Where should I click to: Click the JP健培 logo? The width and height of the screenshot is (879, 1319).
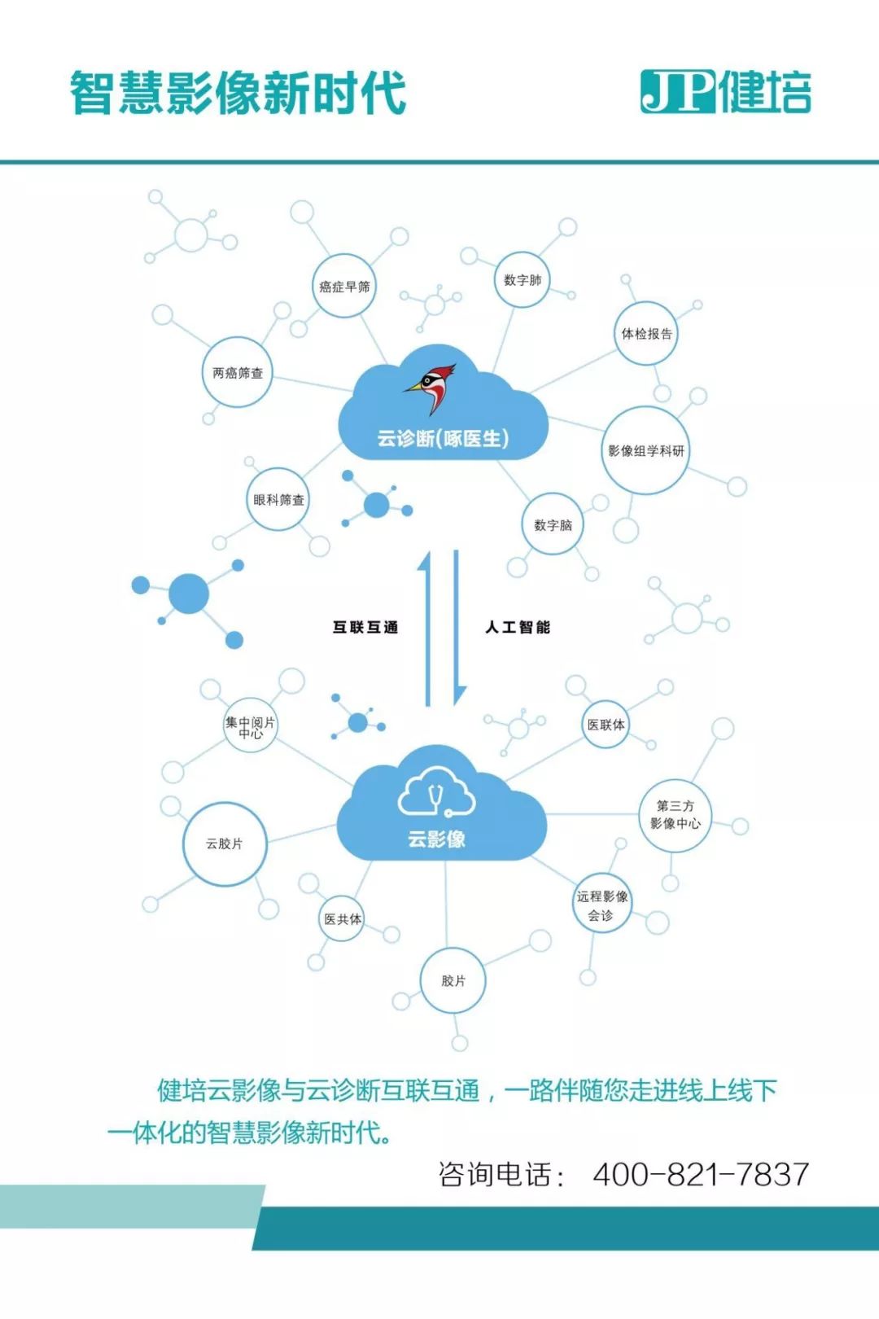click(725, 91)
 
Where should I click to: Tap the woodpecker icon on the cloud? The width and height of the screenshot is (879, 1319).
click(431, 388)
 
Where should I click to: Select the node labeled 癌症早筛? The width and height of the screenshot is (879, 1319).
click(344, 287)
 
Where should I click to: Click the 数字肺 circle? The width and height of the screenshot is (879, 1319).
click(522, 280)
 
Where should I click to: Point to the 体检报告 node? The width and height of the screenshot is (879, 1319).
click(646, 334)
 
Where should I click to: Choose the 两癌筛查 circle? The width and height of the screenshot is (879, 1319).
click(237, 373)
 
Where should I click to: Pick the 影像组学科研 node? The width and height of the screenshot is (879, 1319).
click(646, 450)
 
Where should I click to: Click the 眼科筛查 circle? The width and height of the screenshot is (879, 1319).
click(278, 500)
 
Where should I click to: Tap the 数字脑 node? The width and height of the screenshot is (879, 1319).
click(553, 525)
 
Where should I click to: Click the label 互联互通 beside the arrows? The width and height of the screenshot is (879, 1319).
click(365, 627)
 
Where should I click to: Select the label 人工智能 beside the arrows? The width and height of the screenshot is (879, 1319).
click(518, 627)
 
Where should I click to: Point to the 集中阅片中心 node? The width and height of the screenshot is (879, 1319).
click(251, 726)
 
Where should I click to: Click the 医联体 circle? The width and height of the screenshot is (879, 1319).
click(606, 725)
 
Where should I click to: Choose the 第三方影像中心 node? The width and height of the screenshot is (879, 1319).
click(675, 815)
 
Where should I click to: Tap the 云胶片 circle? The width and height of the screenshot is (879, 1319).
click(225, 844)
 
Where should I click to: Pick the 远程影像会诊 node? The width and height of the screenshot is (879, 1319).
click(602, 905)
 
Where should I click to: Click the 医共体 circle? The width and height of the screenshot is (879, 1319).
click(343, 919)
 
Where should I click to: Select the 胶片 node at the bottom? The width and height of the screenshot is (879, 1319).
click(453, 981)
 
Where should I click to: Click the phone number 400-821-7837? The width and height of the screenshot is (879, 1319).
click(701, 1174)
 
